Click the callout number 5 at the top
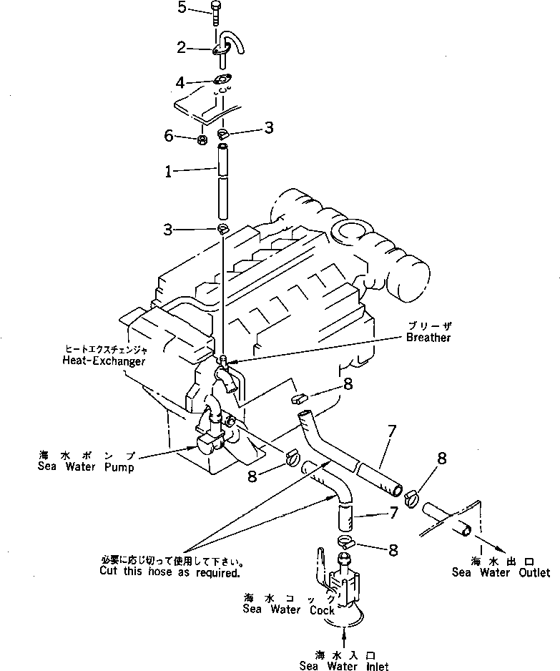(x=182, y=8)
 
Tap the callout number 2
(x=182, y=48)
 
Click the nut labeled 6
(x=202, y=137)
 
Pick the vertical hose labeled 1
(x=222, y=182)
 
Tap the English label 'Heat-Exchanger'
(x=103, y=362)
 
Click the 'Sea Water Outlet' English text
(x=501, y=572)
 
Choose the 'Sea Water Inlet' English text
(x=345, y=666)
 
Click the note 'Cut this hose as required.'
(x=170, y=573)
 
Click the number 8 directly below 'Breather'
(x=347, y=384)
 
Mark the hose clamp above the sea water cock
(x=345, y=541)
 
